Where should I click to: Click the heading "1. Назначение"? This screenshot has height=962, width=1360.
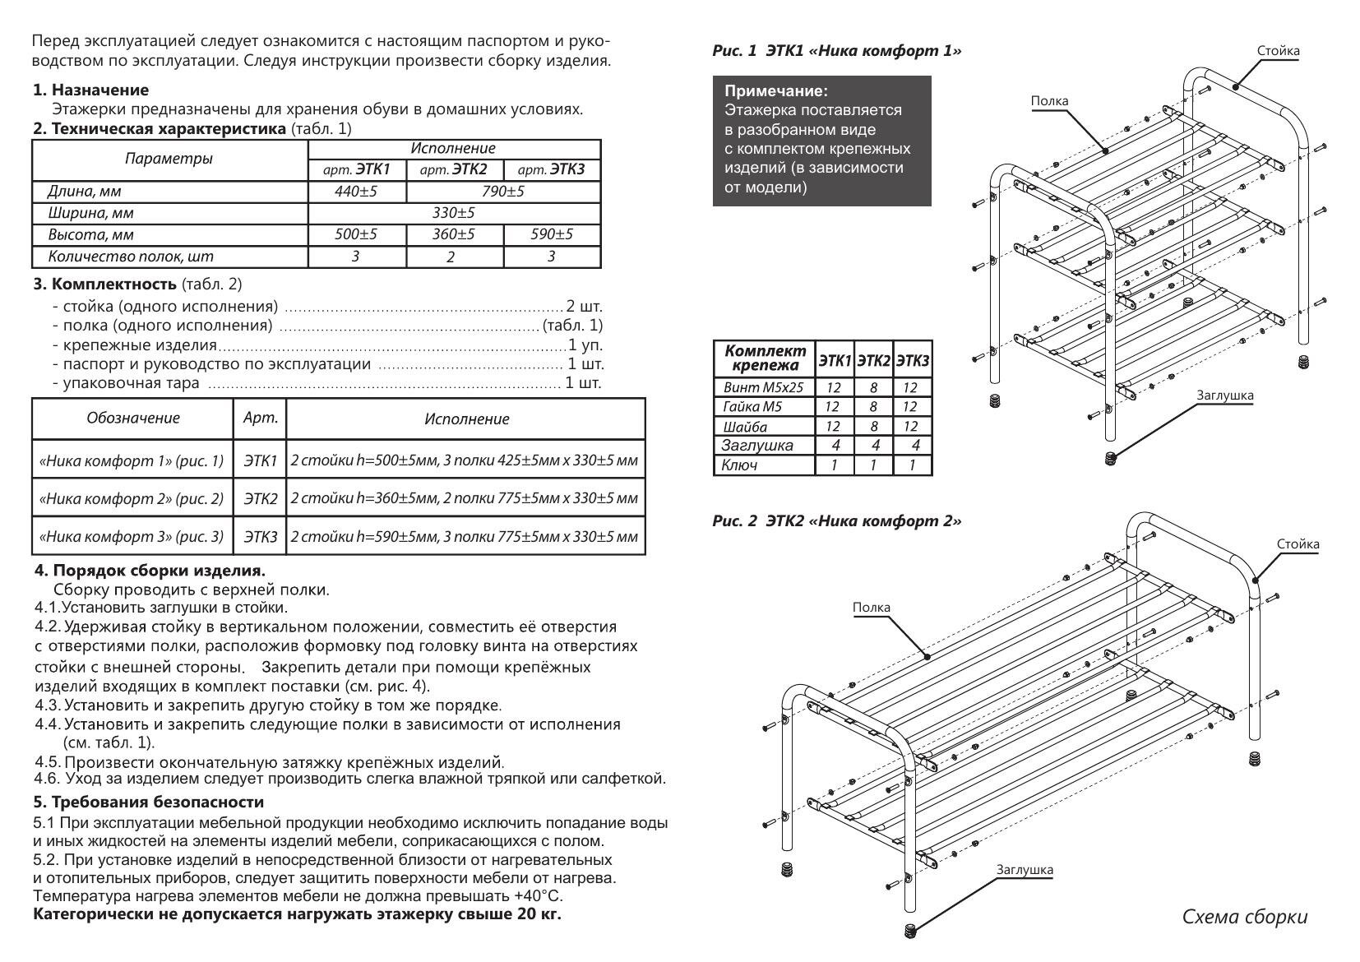click(x=90, y=90)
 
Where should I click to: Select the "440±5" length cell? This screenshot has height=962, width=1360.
click(x=356, y=192)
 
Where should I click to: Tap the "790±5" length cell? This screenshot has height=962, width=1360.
click(x=502, y=192)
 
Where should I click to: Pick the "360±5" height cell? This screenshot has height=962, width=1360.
click(x=454, y=234)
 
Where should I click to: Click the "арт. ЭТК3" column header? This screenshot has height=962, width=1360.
click(x=551, y=170)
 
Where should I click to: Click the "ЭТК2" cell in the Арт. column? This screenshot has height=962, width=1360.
click(x=261, y=498)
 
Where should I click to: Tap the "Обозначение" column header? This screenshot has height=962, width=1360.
click(x=132, y=419)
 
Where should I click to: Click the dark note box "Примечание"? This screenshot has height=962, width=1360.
click(x=821, y=140)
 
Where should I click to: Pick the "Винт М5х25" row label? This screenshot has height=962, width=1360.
click(x=763, y=387)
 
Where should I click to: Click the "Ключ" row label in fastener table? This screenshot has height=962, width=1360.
click(x=739, y=465)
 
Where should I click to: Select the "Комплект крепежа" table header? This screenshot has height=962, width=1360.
click(x=765, y=358)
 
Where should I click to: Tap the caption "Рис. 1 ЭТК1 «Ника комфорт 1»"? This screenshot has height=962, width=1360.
click(x=836, y=51)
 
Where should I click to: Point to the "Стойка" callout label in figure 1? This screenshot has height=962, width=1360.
click(x=1278, y=51)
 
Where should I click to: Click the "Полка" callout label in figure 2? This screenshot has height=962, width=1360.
click(x=871, y=608)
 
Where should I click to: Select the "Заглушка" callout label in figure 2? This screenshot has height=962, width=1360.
click(x=1024, y=869)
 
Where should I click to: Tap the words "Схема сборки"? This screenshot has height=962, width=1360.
click(x=1244, y=917)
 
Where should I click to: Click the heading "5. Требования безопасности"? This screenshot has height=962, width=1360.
click(x=149, y=802)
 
